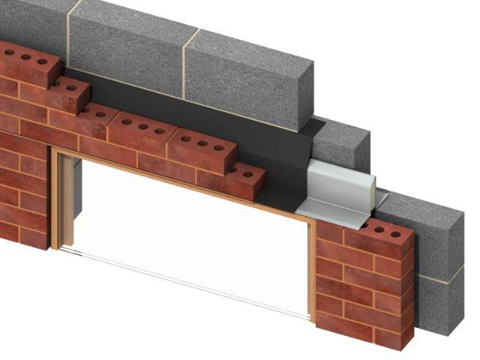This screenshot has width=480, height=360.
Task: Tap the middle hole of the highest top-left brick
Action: (x=26, y=57)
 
